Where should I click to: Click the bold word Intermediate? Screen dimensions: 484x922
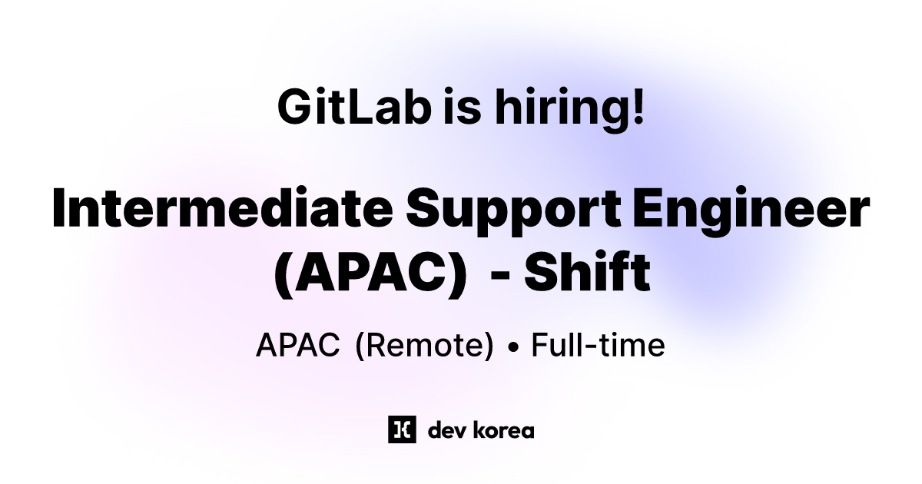click(x=221, y=208)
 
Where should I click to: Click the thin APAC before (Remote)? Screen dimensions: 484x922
click(x=297, y=346)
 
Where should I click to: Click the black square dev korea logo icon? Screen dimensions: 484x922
click(x=402, y=429)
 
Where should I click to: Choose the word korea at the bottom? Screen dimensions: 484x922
click(x=504, y=429)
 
